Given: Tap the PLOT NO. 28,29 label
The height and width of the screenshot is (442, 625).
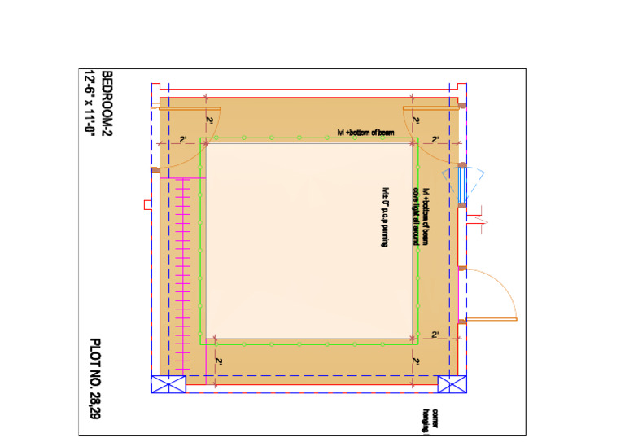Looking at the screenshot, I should pos(95,379).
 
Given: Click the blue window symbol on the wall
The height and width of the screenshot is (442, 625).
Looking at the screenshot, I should pos(462,185).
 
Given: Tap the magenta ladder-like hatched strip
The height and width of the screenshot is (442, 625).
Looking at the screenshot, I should pos(183,277).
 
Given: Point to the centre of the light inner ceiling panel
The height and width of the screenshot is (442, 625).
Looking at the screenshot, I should pos(308,240).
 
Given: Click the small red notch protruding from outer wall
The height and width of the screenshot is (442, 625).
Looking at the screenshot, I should pos(146,203).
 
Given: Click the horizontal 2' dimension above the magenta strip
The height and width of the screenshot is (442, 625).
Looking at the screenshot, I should pos(183,141).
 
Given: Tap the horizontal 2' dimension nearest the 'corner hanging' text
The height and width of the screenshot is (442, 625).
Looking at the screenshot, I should pos(435,335).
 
